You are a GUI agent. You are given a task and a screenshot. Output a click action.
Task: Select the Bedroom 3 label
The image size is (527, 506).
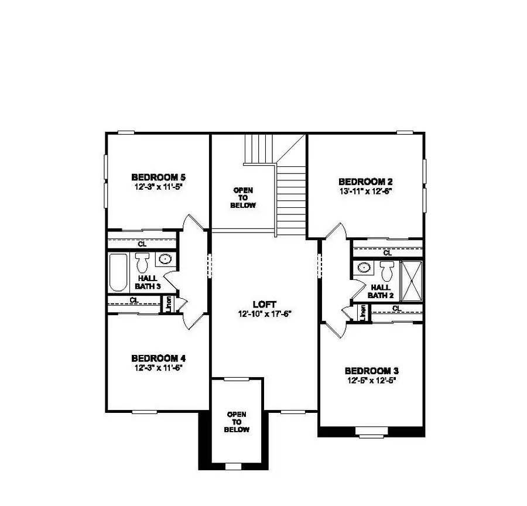[x=371, y=371]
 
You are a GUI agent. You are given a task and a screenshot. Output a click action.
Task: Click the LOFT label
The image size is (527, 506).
[x=263, y=305]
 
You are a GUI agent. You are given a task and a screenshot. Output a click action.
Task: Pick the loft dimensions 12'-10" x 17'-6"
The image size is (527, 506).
[x=263, y=313]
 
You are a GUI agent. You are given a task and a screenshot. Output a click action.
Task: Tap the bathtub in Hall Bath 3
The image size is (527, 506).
[x=118, y=272]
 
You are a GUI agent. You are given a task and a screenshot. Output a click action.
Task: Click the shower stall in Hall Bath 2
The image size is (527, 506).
[x=412, y=281]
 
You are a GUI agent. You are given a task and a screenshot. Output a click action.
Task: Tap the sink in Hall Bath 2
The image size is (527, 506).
[x=364, y=268]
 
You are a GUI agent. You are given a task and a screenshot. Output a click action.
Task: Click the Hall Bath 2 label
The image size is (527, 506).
[x=380, y=291]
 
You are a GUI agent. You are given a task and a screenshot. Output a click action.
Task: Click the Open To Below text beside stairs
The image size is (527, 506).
[x=244, y=198]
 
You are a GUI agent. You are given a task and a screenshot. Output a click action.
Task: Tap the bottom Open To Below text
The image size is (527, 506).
[x=238, y=422]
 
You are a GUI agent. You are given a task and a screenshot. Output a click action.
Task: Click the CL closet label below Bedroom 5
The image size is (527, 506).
[x=142, y=244]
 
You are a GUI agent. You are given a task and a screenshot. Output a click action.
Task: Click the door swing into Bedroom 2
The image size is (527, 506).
[x=335, y=233]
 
